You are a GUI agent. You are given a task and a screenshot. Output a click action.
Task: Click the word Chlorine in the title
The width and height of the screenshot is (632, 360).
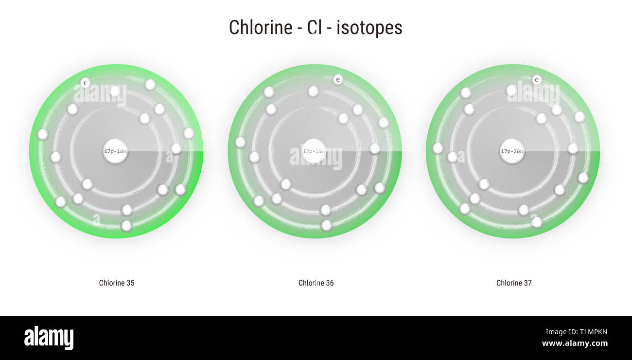pyautogui.click(x=260, y=28)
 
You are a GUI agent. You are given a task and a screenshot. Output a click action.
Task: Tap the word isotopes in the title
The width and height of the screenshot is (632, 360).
pyautogui.click(x=369, y=28)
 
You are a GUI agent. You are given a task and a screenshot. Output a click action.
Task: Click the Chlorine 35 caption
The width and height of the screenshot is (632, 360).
pyautogui.click(x=117, y=283)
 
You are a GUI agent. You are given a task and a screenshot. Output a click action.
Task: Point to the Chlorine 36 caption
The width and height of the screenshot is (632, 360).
pyautogui.click(x=316, y=283)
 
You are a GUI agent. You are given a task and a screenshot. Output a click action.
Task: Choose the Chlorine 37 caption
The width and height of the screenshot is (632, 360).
pyautogui.click(x=514, y=283)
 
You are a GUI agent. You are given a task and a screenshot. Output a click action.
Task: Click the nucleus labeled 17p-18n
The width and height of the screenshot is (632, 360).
pyautogui.click(x=115, y=151)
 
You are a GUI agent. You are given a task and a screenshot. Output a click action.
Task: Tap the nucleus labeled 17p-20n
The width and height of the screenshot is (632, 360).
pyautogui.click(x=512, y=151)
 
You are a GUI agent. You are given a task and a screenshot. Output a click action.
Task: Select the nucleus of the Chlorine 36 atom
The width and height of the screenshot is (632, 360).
pyautogui.click(x=314, y=151)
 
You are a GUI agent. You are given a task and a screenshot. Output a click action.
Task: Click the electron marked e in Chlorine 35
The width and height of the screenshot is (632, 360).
pyautogui.click(x=85, y=83)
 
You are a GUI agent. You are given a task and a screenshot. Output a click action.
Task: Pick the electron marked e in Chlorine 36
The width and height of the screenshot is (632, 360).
pyautogui.click(x=338, y=79)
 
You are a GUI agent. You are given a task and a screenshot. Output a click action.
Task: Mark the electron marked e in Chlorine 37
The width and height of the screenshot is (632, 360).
pyautogui.click(x=537, y=79)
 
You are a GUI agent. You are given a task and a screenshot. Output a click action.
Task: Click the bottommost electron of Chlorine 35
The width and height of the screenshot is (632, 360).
pyautogui.click(x=126, y=226)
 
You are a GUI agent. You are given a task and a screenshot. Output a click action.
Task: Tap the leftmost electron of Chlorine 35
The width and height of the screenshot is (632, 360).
pyautogui.click(x=43, y=134)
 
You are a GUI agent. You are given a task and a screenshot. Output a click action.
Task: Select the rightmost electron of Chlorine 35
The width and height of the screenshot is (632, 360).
pyautogui.click(x=189, y=133)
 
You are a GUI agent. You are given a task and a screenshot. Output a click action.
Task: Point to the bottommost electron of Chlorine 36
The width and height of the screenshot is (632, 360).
pyautogui.click(x=327, y=225)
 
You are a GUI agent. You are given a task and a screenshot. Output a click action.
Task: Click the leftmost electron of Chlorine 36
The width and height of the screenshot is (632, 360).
pyautogui.click(x=240, y=142)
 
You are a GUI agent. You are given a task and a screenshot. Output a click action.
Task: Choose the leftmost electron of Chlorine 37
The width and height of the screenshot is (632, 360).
pyautogui.click(x=438, y=148)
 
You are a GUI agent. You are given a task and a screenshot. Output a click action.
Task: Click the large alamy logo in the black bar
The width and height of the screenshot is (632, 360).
pyautogui.click(x=49, y=338)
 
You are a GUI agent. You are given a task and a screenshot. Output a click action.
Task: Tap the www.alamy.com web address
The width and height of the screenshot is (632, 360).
pyautogui.click(x=575, y=343)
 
